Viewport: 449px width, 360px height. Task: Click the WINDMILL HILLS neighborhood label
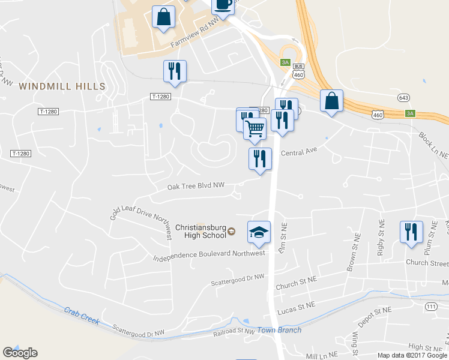pyautogui.click(x=62, y=86)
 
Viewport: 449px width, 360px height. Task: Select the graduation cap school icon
pyautogui.click(x=259, y=233)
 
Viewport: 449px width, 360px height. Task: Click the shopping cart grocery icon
pyautogui.click(x=255, y=128)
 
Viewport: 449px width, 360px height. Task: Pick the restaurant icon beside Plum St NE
pyautogui.click(x=411, y=232)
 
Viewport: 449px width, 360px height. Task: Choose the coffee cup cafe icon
pyautogui.click(x=223, y=6)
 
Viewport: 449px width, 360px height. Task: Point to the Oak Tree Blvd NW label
pyautogui.click(x=196, y=187)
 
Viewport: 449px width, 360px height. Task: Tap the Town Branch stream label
pyautogui.click(x=279, y=330)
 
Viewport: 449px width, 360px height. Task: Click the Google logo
pyautogui.click(x=20, y=352)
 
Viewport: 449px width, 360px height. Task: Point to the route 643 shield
pyautogui.click(x=403, y=97)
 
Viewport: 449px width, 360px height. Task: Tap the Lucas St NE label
pyautogui.click(x=297, y=307)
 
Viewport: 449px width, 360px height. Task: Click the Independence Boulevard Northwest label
pyautogui.click(x=209, y=254)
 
